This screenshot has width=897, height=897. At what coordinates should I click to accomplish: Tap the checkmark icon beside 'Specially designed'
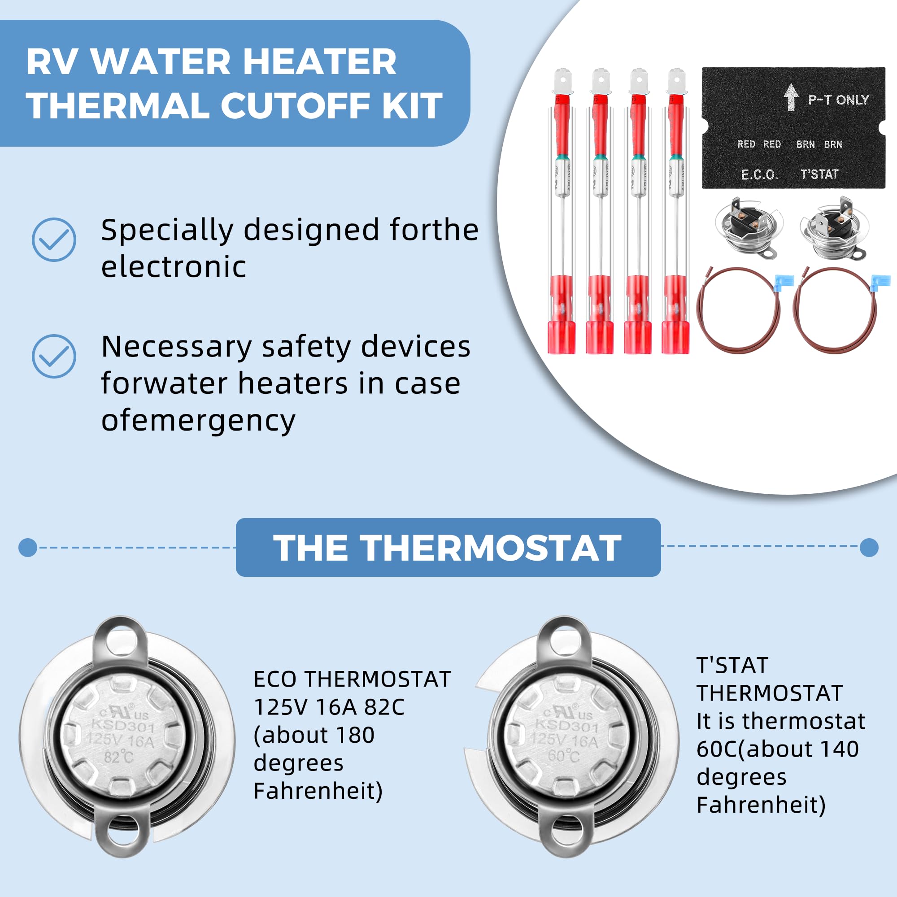[54, 239]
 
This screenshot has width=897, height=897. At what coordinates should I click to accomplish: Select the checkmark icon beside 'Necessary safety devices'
[54, 356]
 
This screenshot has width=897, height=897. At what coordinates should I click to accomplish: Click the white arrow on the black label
[791, 97]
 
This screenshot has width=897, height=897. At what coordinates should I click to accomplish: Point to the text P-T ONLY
[838, 100]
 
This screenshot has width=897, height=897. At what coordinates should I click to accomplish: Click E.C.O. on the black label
[759, 174]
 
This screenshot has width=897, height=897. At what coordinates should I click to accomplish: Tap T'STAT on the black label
[819, 174]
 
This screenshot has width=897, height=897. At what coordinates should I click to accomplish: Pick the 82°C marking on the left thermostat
[118, 757]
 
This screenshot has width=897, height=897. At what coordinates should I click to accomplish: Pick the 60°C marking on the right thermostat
[563, 755]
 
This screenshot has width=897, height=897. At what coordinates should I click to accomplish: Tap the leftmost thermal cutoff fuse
[562, 211]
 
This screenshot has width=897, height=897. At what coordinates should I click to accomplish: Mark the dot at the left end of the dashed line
[28, 547]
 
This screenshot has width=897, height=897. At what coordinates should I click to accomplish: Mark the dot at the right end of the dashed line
[869, 547]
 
